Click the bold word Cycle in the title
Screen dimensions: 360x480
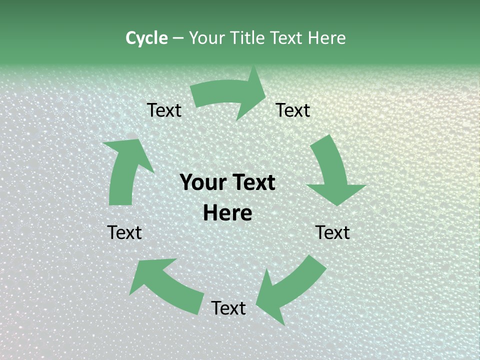point(146,38)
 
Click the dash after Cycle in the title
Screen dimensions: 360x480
point(178,38)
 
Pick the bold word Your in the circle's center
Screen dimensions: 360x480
point(202,182)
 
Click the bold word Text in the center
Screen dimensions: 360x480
point(251,182)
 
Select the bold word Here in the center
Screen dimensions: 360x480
point(227,213)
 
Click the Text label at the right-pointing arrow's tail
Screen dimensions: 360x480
point(164,110)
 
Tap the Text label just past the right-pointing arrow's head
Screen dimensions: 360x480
point(293,110)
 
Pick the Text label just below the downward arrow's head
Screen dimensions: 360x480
point(332,232)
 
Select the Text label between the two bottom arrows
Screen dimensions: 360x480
point(228,308)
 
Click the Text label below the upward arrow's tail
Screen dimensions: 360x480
point(124,232)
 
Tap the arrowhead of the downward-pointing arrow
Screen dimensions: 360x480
point(336,193)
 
